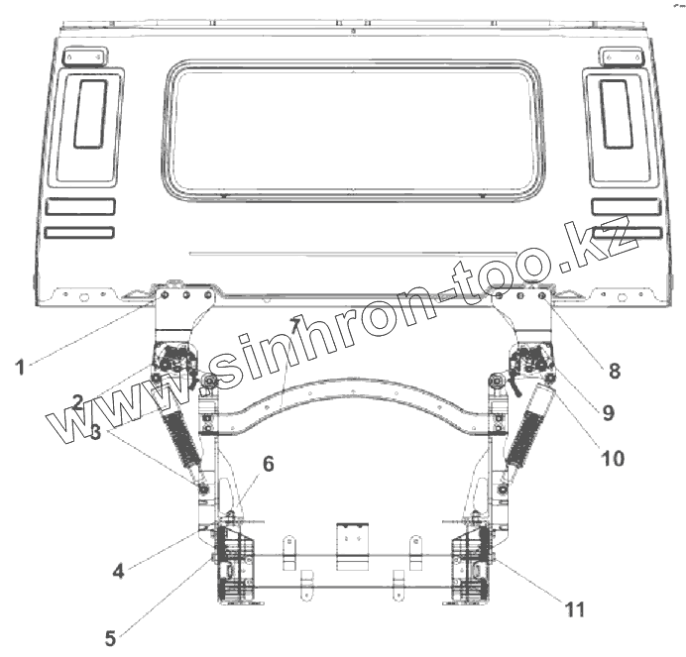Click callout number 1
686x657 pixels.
[x=20, y=367]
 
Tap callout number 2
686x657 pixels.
[x=78, y=402]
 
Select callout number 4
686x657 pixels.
[x=119, y=571]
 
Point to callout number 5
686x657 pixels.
[x=110, y=638]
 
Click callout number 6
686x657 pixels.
[x=269, y=464]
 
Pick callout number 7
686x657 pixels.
[x=295, y=325]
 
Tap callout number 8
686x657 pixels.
[x=615, y=371]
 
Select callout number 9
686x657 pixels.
[x=608, y=412]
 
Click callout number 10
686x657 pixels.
[x=613, y=459]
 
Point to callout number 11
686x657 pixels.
[x=574, y=609]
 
